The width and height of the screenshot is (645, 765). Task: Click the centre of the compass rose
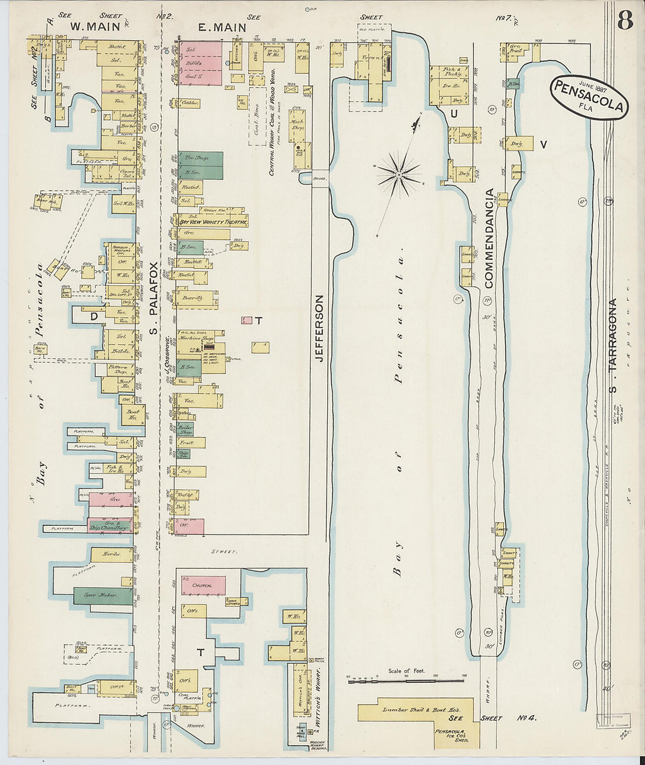point(399,174)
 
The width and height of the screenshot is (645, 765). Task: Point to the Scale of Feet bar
point(406,681)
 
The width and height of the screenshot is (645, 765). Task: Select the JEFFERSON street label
point(320,328)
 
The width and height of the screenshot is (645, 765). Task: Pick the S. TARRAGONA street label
point(612,346)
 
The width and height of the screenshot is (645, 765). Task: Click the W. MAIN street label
point(95,26)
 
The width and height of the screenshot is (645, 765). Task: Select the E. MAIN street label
point(218,26)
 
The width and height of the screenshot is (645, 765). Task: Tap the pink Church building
point(203,585)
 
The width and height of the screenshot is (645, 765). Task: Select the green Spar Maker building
point(103,596)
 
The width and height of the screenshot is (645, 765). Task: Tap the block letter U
point(454,114)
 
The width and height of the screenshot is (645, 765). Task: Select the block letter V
point(543,144)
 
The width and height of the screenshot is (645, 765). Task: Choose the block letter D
point(93,317)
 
